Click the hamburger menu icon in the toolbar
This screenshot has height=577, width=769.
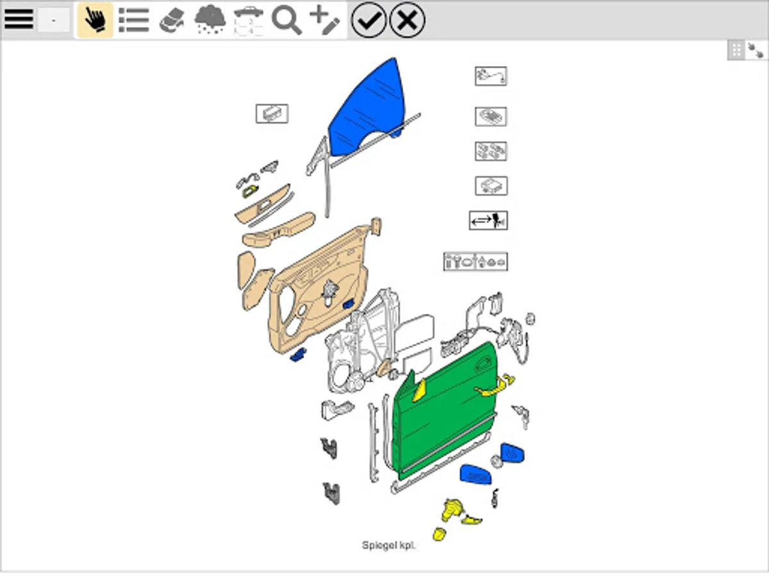(x=19, y=20)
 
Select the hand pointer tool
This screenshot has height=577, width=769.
(x=95, y=20)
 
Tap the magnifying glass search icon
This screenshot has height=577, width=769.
(x=286, y=21)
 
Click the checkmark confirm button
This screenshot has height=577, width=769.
(x=368, y=20)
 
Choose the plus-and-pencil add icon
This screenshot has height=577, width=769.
(x=324, y=21)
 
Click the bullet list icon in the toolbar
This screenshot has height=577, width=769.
(x=134, y=20)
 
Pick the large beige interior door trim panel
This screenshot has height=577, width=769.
(x=317, y=291)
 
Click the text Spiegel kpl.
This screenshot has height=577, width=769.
(x=388, y=546)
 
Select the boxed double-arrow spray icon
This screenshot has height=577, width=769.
(x=488, y=221)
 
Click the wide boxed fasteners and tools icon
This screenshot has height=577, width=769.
(x=475, y=262)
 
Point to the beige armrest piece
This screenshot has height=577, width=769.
(x=279, y=230)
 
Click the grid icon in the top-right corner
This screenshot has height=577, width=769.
(x=736, y=51)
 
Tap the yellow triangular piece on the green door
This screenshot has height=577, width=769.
(x=418, y=390)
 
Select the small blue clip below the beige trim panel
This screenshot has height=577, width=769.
(x=298, y=355)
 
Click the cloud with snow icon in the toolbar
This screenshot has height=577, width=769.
(x=210, y=21)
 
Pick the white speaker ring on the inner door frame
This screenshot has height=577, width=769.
(x=339, y=378)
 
